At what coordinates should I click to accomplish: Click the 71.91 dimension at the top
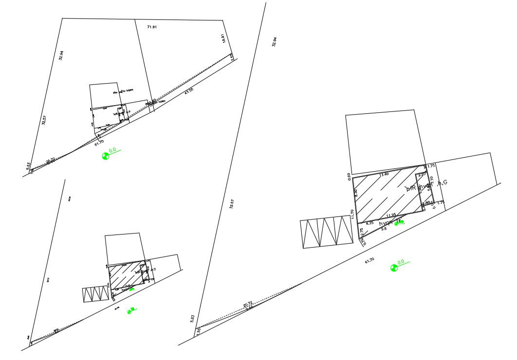point(152,27)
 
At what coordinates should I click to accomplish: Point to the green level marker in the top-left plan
point(105,156)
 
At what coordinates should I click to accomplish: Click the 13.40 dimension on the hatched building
point(384,174)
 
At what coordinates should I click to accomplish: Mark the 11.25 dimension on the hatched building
point(390,215)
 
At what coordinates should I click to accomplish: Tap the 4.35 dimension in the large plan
point(369,223)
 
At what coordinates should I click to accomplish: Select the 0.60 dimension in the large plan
point(349,176)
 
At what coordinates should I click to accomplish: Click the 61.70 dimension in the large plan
point(369,261)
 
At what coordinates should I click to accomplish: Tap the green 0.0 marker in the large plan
point(394,268)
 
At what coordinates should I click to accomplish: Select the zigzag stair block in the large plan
point(326,234)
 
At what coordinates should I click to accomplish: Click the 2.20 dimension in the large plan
point(422,174)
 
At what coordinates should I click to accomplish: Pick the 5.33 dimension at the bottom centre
point(193,318)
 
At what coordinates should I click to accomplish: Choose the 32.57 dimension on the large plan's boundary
point(231,204)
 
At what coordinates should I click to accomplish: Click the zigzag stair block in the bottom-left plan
point(95,294)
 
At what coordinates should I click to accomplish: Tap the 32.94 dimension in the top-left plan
point(61,55)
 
